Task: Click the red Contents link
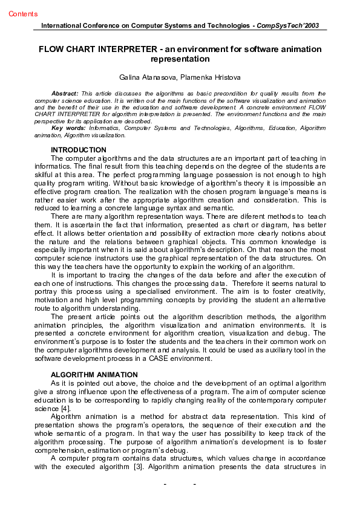pos(23,14)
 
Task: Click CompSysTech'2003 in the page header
pos(288,26)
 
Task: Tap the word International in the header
pos(61,26)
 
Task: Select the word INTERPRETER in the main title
pos(138,49)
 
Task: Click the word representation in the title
pos(180,59)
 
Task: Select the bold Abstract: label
pos(65,94)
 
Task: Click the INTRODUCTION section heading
pos(79,150)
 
